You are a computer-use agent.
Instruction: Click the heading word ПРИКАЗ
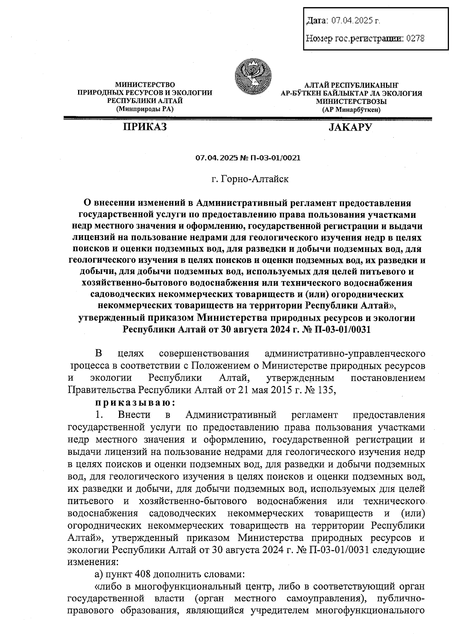(x=144, y=127)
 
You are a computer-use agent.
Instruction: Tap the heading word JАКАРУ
(x=350, y=127)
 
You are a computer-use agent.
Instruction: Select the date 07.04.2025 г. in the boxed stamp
(x=355, y=20)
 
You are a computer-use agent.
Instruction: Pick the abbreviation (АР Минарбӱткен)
(x=351, y=110)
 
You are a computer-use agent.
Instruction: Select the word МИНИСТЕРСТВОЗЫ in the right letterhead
(x=351, y=101)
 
